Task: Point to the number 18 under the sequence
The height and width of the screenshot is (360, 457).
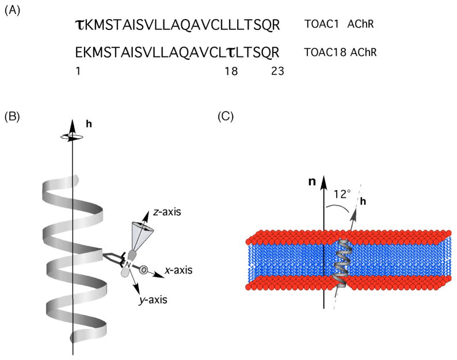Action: [231, 71]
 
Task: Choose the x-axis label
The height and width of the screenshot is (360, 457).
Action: [180, 269]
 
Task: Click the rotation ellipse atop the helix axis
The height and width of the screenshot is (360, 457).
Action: [73, 135]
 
